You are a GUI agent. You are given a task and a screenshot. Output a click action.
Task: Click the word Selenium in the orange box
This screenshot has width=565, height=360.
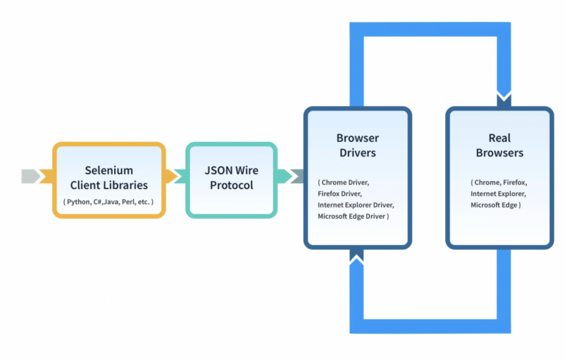(x=108, y=170)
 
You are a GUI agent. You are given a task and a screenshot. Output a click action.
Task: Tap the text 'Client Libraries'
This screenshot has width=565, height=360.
(x=108, y=185)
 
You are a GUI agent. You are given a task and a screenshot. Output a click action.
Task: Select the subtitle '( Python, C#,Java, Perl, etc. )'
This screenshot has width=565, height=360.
(x=108, y=201)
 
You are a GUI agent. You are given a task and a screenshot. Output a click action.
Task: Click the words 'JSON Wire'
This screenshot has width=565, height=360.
(x=231, y=170)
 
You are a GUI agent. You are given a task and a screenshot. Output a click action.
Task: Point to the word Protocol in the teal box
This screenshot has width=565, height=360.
(x=231, y=185)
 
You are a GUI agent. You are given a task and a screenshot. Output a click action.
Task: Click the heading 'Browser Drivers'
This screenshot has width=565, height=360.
(x=357, y=145)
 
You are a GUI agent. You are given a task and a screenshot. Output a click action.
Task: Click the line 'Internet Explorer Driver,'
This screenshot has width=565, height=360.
(x=356, y=205)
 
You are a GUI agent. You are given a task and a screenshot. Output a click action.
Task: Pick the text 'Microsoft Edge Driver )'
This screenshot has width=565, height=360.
(x=353, y=216)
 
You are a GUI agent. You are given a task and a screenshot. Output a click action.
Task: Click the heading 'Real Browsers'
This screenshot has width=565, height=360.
(x=499, y=145)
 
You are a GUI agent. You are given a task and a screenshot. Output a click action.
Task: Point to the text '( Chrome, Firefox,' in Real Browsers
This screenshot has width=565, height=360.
(x=499, y=181)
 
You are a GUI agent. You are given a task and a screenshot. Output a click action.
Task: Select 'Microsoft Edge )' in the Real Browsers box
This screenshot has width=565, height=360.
(x=496, y=205)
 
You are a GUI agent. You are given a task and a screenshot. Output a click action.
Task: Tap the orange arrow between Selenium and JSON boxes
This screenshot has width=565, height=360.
(x=174, y=177)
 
